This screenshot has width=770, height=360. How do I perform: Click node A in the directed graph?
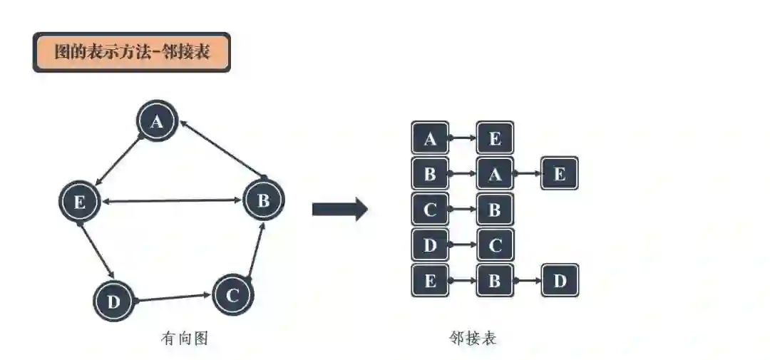coord(157,123)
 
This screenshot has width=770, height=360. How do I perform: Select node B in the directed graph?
coord(264,200)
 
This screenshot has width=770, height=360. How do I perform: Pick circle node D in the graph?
coord(114,302)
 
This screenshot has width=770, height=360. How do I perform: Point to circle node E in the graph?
coord(79,202)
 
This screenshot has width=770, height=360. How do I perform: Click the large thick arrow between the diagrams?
coord(339,210)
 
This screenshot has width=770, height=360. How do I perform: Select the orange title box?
coord(132,52)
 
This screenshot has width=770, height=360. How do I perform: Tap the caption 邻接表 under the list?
coord(473,339)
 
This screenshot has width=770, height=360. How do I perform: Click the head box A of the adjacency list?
coord(430,138)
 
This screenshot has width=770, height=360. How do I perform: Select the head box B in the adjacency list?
coord(430,174)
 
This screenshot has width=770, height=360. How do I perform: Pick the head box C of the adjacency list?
coord(430,210)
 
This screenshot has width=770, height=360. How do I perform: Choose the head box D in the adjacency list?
coord(430,245)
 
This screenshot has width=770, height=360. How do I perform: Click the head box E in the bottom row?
coord(430,281)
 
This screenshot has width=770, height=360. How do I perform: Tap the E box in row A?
coord(495,138)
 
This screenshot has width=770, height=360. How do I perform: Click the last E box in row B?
coord(560,174)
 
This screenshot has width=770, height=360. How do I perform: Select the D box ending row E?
coord(560,281)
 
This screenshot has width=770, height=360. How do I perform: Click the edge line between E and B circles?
coord(171,202)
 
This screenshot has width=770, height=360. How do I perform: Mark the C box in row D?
coord(495,245)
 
